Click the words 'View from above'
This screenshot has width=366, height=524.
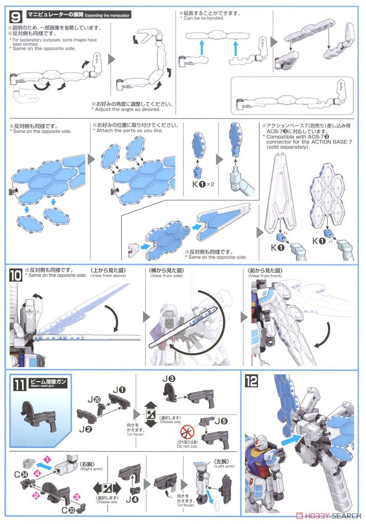[x=109, y=276]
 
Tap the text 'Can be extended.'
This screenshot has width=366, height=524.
[x=203, y=18]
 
